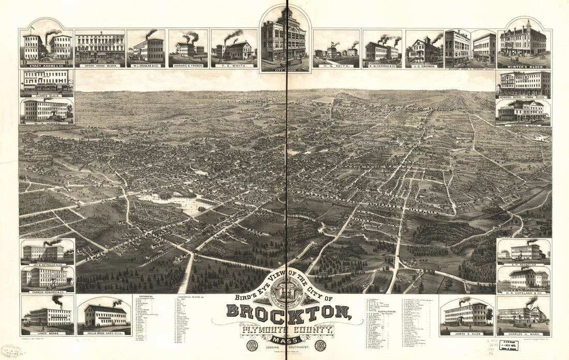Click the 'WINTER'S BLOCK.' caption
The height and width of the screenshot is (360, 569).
coord(523,65)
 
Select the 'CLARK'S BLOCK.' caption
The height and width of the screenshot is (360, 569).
coord(46,95)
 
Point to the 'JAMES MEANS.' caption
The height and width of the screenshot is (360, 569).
coord(47,333)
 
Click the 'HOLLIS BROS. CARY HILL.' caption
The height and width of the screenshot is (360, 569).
coord(104,333)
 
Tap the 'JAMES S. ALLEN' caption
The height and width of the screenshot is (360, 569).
coord(466,333)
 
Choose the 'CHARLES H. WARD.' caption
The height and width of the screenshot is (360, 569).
coord(523,333)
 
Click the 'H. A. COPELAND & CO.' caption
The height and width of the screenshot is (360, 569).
coord(523,291)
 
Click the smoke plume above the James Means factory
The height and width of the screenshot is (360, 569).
coord(56,300)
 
